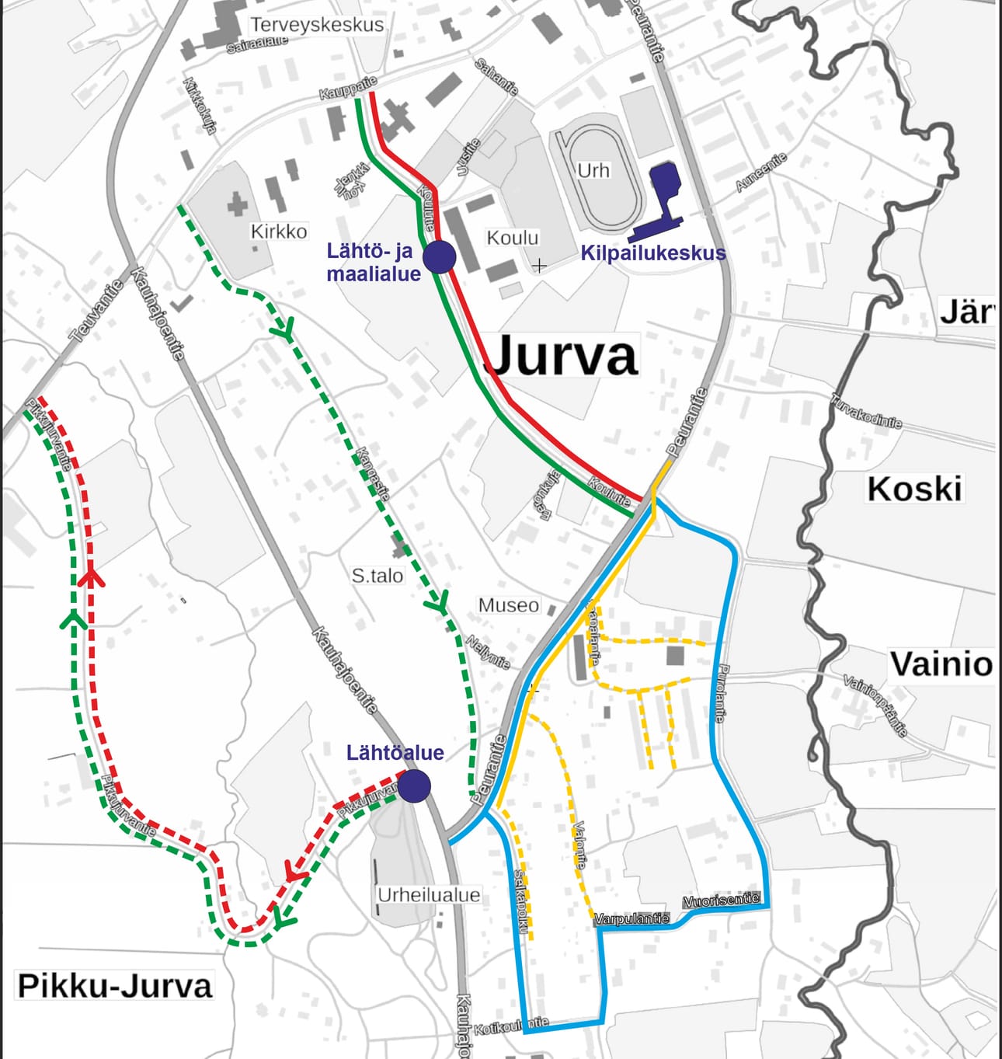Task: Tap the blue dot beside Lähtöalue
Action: pos(414,786)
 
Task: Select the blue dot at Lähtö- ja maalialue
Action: pos(439,256)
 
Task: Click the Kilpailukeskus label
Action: pos(653,253)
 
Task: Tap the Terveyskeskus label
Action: pos(317,25)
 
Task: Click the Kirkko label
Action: pos(279,232)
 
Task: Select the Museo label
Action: pos(508,605)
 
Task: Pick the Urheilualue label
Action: pos(429,895)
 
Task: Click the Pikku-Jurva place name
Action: pos(114,986)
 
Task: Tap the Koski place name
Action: pos(914,489)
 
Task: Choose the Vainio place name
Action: pos(941,665)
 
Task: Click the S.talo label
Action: pos(377,576)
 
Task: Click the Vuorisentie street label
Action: pos(721,900)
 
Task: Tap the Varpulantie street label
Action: pos(631,918)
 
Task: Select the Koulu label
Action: pos(512,238)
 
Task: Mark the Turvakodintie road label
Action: pos(866,412)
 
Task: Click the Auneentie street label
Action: pos(761,172)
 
